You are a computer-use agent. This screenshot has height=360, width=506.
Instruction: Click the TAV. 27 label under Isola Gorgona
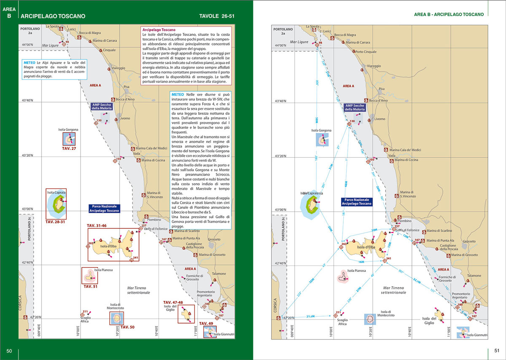[x=69, y=149]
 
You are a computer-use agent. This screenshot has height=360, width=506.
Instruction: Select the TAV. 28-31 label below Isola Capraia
[x=55, y=222]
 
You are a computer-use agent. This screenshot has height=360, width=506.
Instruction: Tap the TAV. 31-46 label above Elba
[x=97, y=226]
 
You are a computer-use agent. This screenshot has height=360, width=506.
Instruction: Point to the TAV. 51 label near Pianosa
[x=90, y=287]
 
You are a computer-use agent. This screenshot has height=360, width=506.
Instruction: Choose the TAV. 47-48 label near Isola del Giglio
[x=173, y=303]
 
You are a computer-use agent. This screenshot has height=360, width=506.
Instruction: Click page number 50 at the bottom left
[x=9, y=351]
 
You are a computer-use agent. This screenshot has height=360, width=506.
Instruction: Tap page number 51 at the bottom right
[x=496, y=351]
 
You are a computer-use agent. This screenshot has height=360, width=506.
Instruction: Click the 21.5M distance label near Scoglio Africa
[x=311, y=316]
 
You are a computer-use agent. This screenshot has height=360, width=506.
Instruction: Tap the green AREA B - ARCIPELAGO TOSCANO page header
[x=449, y=14]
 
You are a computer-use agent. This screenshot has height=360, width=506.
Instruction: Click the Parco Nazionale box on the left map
[x=104, y=208]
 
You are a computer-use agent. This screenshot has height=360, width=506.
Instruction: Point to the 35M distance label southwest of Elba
[x=311, y=281]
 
